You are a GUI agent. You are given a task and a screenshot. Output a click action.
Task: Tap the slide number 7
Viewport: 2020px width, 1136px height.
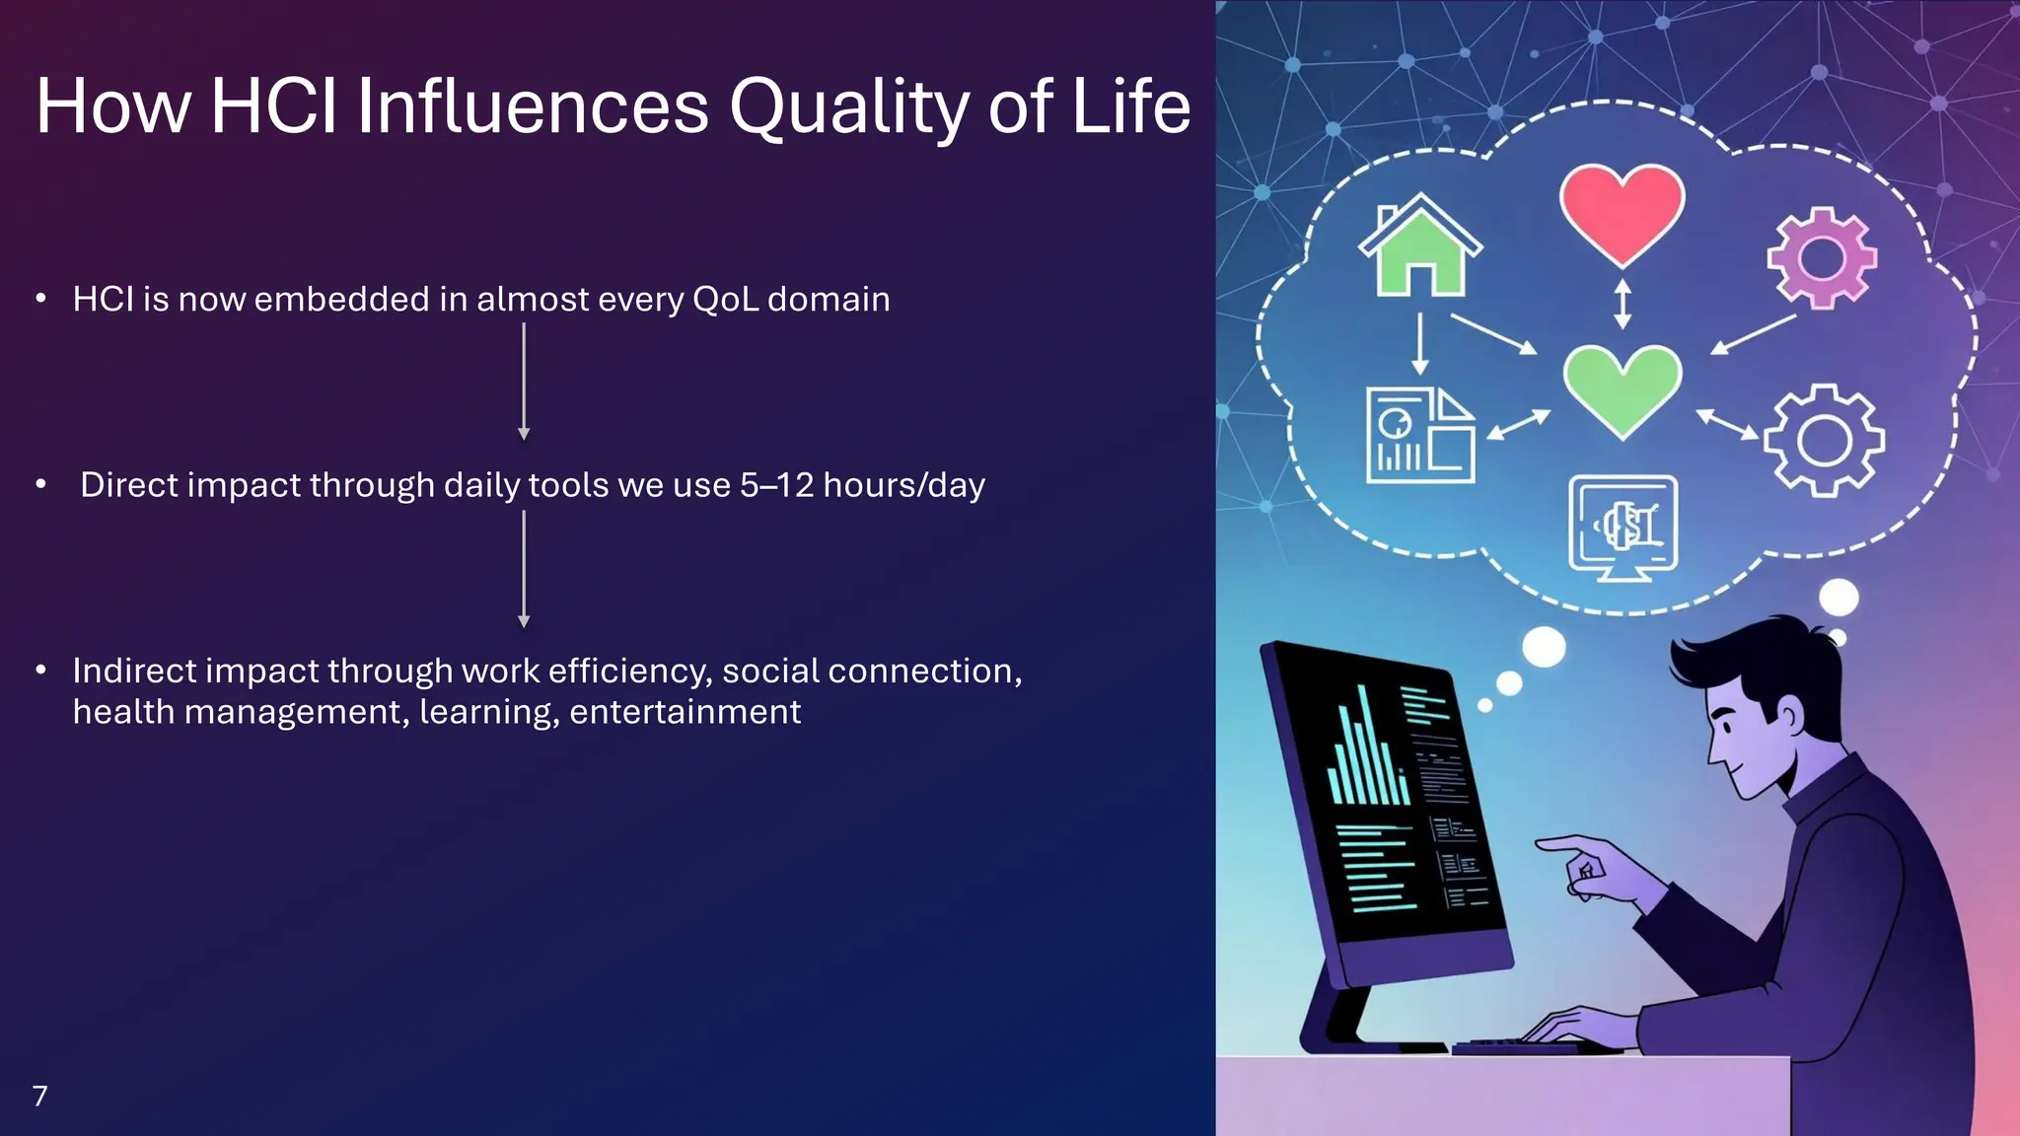point(39,1096)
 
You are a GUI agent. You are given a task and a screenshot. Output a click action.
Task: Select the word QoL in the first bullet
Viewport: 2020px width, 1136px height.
point(725,299)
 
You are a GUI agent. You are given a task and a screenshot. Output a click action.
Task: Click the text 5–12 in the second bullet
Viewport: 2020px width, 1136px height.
point(776,485)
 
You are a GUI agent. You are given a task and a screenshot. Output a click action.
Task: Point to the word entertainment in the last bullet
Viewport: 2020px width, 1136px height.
point(685,712)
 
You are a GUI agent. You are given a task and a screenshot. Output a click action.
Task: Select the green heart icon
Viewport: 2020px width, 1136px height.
point(1622,388)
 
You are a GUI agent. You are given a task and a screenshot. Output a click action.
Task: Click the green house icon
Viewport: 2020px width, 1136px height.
point(1419,247)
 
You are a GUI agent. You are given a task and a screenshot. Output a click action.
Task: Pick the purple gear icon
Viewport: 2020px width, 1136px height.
point(1821,258)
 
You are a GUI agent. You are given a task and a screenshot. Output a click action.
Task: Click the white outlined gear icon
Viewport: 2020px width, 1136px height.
point(1823,440)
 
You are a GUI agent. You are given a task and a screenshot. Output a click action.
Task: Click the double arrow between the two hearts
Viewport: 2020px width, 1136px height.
point(1622,304)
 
